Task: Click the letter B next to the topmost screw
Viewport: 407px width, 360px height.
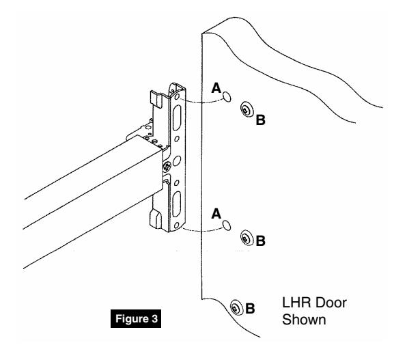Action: coord(259,120)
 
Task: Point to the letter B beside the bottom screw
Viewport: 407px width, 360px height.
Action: coord(250,309)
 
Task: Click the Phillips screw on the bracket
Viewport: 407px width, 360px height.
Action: coord(167,165)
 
